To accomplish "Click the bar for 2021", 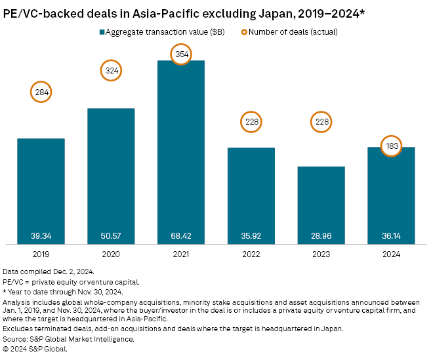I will tap(181, 151).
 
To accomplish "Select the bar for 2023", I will tap(321, 203).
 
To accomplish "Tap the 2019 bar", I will tap(41, 190).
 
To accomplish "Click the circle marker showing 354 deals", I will tap(181, 55).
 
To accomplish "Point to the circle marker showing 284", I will tap(41, 92).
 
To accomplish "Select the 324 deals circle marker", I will tap(111, 70).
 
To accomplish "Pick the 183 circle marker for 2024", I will tap(391, 146).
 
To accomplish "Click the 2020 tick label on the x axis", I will tap(111, 253).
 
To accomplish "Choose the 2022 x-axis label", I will tap(251, 253).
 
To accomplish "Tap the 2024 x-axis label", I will tap(391, 253).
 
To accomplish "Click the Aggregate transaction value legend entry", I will tap(161, 31).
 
